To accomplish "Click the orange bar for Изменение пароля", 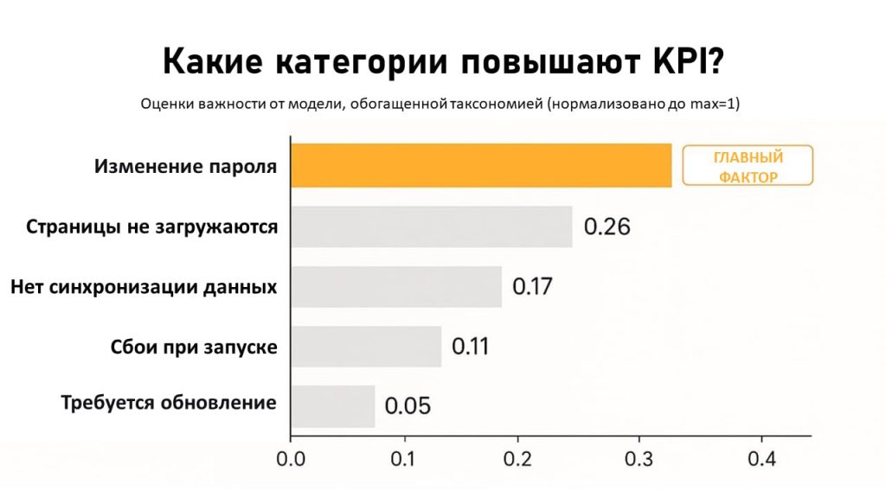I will coord(480,165).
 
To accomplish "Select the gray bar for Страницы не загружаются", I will coord(431,227).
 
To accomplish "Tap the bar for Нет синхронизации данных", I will coord(395,286).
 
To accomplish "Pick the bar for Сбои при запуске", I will coord(365,346).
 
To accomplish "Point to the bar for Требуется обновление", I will coord(332,405).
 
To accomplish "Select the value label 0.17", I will coord(532,286).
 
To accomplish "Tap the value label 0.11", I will coord(470,346).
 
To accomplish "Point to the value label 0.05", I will coord(407,405).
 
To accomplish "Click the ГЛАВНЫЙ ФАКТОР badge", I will coord(748,166).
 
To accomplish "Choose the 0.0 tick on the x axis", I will coord(291,458).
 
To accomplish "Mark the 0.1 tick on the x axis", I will coord(405,458).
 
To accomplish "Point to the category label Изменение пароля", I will coord(186,166).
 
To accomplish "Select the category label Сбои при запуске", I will coord(194,347).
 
